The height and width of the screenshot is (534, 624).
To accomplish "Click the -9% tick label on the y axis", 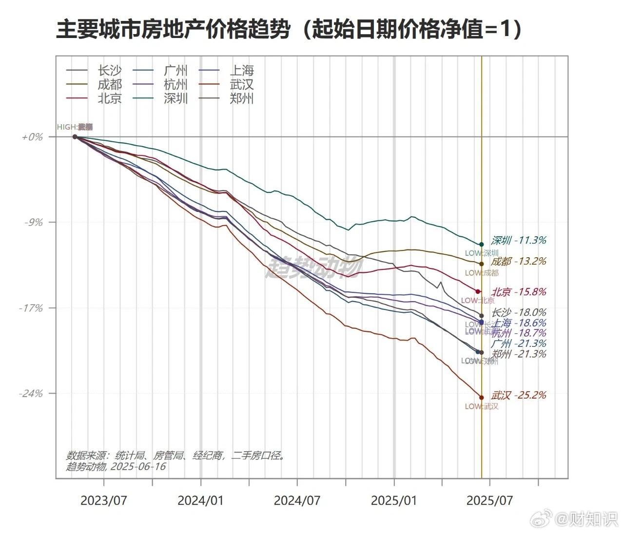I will coord(34,222).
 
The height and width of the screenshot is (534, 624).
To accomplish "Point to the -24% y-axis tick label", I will coord(31,394).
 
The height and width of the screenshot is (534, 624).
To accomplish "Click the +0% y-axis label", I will coord(32,137).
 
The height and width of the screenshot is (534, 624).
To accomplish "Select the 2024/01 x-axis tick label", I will coord(200,500).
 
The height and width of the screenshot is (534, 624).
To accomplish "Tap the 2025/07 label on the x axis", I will coord(489,500).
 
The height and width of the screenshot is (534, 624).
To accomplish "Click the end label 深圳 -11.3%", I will coord(519,240).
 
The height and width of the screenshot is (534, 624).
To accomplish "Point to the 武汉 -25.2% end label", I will coord(519,395).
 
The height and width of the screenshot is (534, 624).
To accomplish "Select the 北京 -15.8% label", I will coord(519,292).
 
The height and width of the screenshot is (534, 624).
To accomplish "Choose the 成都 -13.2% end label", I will coord(519,261).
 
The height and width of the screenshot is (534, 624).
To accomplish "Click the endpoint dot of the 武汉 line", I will coord(482,398).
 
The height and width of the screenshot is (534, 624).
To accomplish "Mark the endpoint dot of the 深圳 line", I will coord(482,244).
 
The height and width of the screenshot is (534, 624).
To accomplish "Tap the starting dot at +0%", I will coord(75,137).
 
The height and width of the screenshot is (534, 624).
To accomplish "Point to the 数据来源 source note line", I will coord(175,456).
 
